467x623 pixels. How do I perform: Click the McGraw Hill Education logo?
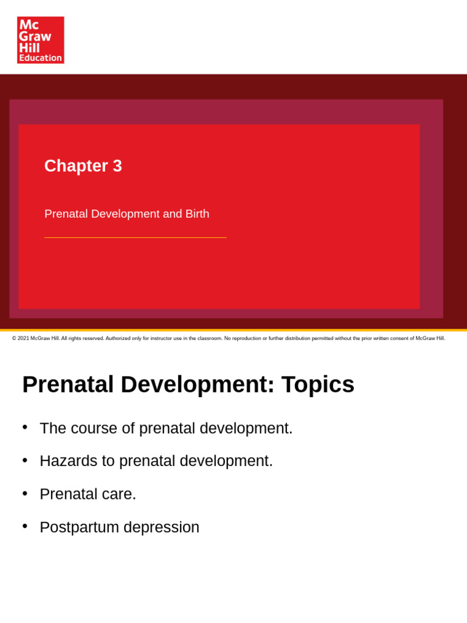coord(40,40)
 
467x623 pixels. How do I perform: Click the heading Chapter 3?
coord(83,166)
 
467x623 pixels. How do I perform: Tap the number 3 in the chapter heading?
coord(117,166)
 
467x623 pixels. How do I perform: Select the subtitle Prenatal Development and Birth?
coord(126,214)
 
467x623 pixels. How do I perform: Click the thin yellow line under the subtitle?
coord(135,237)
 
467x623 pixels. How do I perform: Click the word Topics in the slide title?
coord(317,385)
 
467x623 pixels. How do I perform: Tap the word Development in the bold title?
coord(197,385)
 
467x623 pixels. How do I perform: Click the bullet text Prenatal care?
coord(88,494)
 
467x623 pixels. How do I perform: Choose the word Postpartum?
coord(79,527)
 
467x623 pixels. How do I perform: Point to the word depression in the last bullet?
coord(161,527)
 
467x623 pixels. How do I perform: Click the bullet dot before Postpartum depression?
coord(25,526)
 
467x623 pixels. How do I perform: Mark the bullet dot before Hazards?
coord(25,459)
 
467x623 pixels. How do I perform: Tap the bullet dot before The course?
coord(25,426)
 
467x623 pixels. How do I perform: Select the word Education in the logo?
coord(40,58)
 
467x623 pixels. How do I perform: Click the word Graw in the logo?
coord(35,36)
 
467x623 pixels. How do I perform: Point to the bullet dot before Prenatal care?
coord(25,492)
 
